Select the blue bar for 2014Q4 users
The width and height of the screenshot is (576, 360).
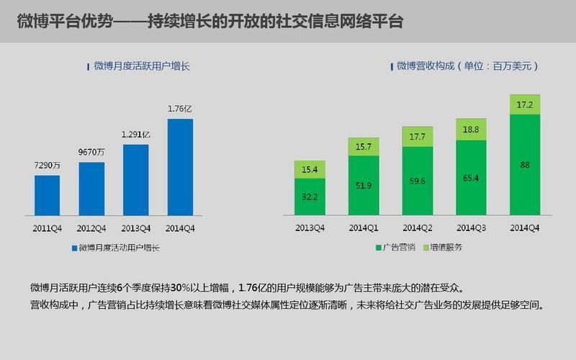[x=180, y=167]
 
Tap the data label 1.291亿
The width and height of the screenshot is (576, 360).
[x=135, y=134]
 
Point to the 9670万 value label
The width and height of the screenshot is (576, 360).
[x=91, y=152]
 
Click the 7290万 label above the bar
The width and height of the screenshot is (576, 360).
[x=47, y=165]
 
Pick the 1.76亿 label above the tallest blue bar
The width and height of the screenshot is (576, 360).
[x=180, y=109]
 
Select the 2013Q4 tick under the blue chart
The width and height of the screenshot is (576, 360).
[x=135, y=228]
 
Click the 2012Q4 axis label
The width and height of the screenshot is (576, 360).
[x=91, y=228]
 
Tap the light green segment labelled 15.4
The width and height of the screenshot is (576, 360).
[x=310, y=169]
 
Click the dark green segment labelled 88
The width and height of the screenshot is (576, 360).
[x=526, y=165]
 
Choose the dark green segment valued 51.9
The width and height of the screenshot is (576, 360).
[x=364, y=185]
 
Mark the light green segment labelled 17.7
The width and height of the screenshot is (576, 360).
[x=418, y=137]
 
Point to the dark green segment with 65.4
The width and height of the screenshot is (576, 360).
[x=472, y=177]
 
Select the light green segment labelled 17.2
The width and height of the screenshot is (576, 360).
[x=526, y=105]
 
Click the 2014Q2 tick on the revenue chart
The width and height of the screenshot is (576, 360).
[x=418, y=228]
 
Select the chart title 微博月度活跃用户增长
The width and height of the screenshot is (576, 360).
[x=141, y=66]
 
